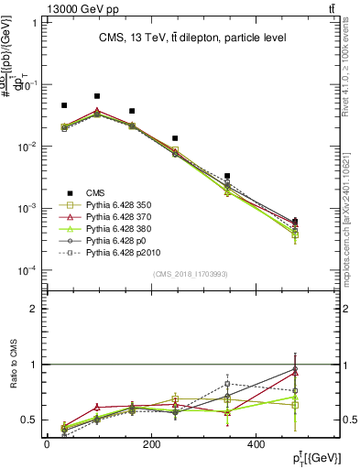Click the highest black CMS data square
97,95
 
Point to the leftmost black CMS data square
64,105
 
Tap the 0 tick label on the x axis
47,445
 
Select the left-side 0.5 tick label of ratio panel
29,420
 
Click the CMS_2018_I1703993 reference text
191,274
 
